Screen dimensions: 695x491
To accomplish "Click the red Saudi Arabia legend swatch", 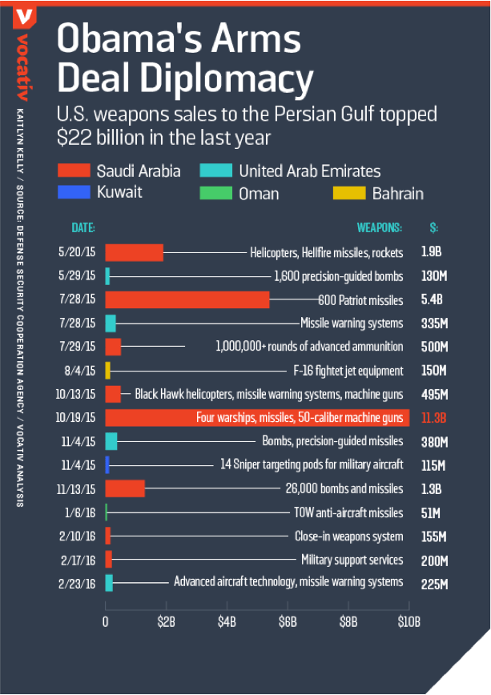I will [73, 171].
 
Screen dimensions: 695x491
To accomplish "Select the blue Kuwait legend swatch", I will [73, 193].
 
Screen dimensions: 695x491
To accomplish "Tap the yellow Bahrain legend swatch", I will [348, 193].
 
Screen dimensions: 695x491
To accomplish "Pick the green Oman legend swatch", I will [215, 193].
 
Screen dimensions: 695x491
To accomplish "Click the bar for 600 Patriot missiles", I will [187, 299].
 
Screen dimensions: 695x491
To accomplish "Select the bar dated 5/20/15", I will [134, 252].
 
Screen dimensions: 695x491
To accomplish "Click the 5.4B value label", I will [432, 299].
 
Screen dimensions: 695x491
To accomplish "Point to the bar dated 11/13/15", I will [125, 488].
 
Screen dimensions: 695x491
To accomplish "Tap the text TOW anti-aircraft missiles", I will [348, 512].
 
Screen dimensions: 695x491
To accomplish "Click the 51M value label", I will [430, 512].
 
